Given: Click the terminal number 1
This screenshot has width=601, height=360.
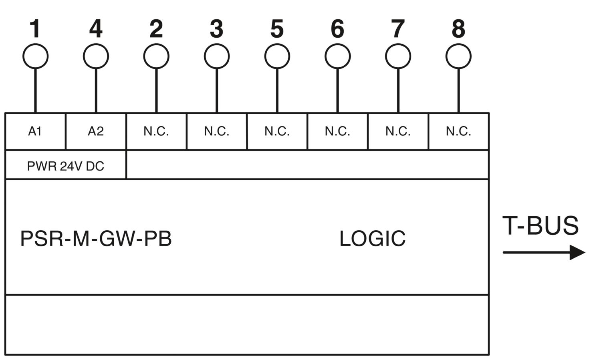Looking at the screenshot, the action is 35,28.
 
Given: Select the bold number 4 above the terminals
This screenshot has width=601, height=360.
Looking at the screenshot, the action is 96,28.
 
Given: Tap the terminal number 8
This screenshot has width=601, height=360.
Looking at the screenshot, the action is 458,28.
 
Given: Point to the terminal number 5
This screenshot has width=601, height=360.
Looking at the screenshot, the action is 277,28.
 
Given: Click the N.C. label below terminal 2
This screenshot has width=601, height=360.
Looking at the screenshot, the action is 156,131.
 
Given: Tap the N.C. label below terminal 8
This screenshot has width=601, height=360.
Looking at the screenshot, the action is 458,131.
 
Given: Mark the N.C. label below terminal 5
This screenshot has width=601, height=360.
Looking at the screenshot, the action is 277,131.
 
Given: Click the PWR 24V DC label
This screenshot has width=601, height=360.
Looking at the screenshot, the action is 65,166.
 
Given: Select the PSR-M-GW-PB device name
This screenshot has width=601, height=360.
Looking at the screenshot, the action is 96,239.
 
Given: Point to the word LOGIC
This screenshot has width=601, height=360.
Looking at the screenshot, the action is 372,239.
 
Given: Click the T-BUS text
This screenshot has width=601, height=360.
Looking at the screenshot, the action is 540,226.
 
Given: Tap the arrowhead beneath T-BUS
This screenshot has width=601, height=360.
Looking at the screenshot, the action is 577,252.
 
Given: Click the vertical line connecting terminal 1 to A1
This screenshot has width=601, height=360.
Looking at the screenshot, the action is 35,91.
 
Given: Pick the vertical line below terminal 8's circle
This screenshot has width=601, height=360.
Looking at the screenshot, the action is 458,91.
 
